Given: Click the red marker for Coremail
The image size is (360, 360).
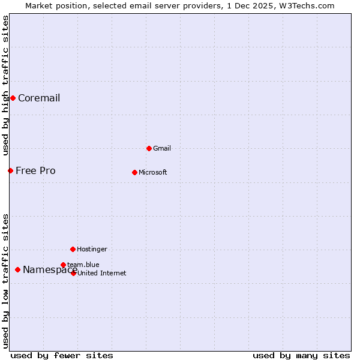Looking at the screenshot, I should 13,98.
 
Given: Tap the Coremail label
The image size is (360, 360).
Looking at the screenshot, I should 39,98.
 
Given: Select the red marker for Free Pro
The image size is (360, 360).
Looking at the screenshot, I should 10,170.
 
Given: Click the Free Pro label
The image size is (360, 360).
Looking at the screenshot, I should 35,171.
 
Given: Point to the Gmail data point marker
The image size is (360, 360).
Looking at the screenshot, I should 149,148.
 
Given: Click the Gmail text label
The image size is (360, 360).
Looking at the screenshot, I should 161,149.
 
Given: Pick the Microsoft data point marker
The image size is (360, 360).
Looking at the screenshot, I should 134,172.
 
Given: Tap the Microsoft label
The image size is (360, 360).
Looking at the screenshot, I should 152,173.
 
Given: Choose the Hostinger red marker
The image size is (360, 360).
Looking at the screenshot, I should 73,249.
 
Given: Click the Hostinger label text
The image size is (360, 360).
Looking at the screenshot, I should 92,250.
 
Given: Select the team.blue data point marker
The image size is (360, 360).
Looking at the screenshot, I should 63,265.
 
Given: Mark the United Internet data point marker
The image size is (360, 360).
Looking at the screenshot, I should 73,273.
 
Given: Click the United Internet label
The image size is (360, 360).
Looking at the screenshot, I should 102,274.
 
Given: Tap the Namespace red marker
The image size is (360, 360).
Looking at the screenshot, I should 17,269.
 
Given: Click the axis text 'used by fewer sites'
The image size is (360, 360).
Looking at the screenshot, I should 62,356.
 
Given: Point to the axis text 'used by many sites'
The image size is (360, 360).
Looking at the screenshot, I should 301,356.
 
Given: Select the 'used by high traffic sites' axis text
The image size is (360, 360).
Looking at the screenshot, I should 6,85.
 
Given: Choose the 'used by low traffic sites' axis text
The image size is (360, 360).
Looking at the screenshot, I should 6,280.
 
